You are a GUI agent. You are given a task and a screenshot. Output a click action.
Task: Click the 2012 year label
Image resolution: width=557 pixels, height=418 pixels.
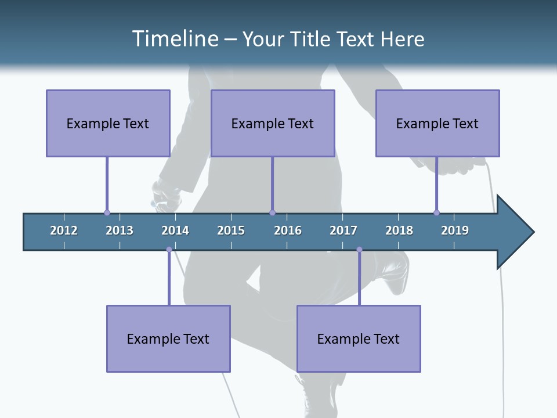pos(64,230)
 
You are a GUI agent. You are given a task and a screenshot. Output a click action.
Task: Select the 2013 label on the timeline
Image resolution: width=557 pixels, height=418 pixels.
pos(120,230)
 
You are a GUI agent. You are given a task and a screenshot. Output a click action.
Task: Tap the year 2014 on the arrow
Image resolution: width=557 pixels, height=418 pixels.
pos(175,230)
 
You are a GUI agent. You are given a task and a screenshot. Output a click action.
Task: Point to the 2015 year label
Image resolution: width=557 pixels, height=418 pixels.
pos(231,230)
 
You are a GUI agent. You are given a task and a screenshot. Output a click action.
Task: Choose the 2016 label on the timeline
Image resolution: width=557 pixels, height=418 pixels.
pos(288,230)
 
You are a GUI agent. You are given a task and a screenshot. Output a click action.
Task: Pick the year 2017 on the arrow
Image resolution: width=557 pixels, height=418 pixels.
pos(343,230)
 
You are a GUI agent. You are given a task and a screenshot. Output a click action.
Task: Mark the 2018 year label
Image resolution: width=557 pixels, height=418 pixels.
pos(399,230)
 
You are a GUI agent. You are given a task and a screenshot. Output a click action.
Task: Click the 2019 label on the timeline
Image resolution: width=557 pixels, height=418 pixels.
pos(455,230)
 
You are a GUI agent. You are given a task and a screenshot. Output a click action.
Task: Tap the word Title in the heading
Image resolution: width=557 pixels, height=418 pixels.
pos(310,39)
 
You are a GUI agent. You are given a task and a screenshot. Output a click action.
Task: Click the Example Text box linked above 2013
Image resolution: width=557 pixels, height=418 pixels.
pos(108,123)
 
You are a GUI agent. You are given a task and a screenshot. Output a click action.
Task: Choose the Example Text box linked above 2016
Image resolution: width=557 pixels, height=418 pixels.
pos(273,123)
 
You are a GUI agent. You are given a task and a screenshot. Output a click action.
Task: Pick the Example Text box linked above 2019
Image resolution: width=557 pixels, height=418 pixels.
pos(437,123)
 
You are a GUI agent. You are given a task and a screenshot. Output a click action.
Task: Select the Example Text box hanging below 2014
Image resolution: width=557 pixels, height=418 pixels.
pos(168,338)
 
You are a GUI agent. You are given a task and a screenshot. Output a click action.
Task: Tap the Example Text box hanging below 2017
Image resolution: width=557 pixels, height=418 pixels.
pos(359,338)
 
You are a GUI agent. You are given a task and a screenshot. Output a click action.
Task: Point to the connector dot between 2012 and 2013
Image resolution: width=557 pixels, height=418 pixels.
pos(107,212)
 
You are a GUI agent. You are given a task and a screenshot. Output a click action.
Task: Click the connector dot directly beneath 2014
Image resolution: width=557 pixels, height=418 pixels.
pos(169,250)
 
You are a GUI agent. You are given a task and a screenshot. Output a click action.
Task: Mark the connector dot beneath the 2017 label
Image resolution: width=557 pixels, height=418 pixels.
pos(359,250)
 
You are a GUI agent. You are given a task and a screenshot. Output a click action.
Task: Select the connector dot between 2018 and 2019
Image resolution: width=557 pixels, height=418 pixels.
pos(436,212)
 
